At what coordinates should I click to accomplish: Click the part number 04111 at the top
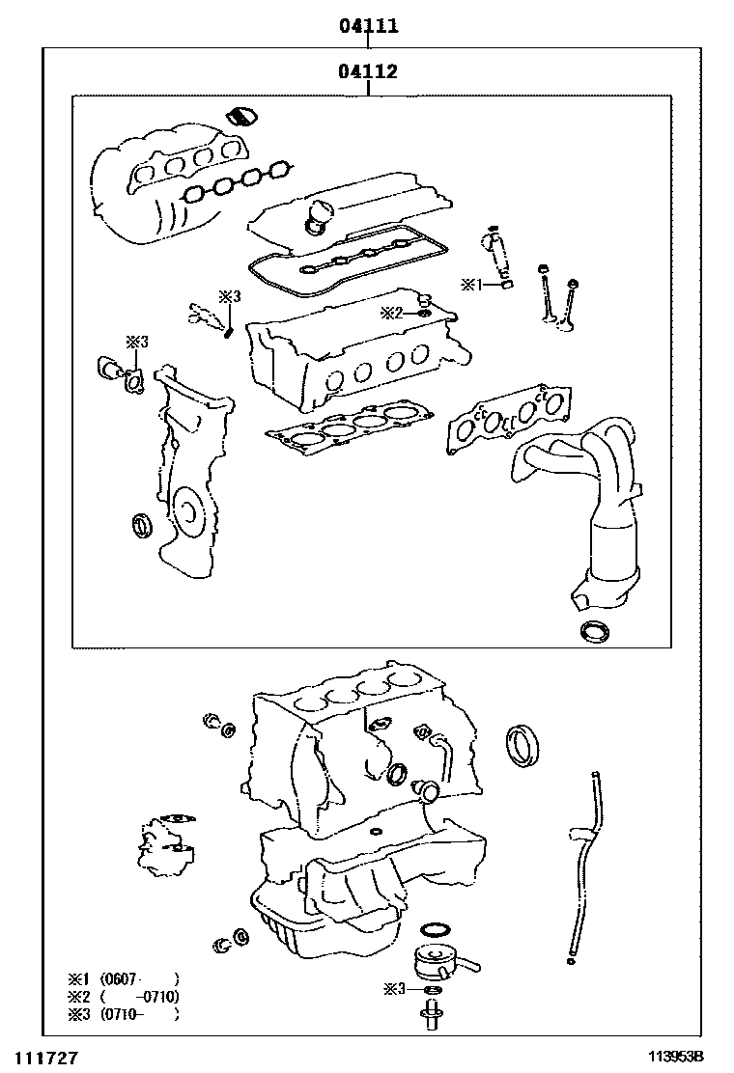(x=368, y=26)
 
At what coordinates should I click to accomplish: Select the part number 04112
(x=368, y=71)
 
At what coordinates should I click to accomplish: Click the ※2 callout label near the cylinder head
(x=390, y=312)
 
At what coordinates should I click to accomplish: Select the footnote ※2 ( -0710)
(x=122, y=997)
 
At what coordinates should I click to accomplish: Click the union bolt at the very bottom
(x=430, y=1015)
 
